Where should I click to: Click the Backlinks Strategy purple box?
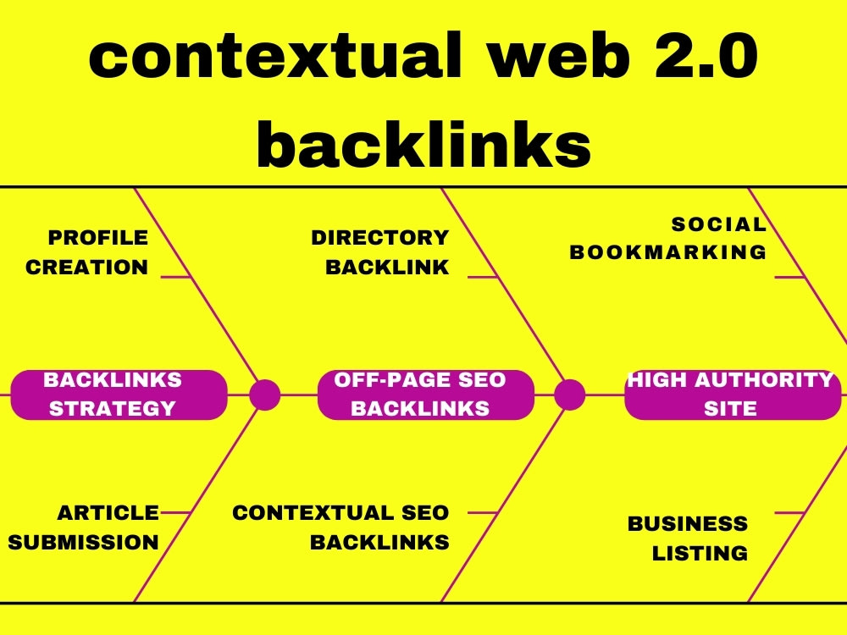click(119, 395)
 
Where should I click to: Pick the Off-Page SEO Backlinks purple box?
click(426, 395)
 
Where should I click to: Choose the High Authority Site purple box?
click(732, 395)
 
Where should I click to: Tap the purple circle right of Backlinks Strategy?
click(265, 395)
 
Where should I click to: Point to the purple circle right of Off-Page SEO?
click(569, 395)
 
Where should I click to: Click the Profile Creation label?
click(87, 252)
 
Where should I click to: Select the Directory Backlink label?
click(381, 252)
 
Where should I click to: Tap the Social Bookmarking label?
click(668, 238)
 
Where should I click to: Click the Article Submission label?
click(85, 527)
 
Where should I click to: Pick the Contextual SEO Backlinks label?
click(341, 527)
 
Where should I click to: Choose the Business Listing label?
click(688, 538)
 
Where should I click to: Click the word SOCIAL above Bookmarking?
click(718, 224)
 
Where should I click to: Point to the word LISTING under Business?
click(700, 554)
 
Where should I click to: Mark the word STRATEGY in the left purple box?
click(112, 408)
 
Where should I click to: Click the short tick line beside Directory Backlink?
click(483, 277)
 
